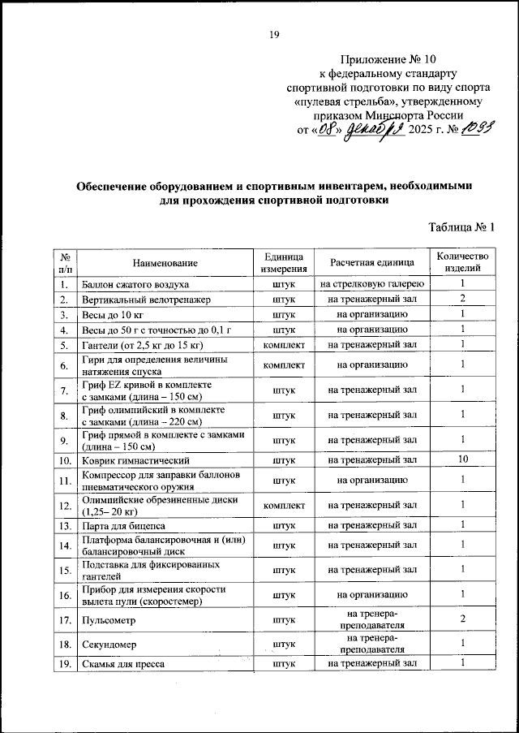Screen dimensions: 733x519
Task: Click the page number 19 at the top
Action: click(x=274, y=34)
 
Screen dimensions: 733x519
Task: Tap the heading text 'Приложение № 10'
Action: click(x=388, y=59)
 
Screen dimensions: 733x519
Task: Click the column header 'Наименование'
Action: click(x=165, y=262)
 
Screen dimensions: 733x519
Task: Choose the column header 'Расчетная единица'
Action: click(x=372, y=262)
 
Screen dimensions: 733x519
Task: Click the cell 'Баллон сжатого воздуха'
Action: click(x=135, y=284)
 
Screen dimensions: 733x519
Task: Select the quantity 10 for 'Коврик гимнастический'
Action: click(x=462, y=460)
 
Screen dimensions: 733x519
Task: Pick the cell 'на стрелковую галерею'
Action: click(x=372, y=284)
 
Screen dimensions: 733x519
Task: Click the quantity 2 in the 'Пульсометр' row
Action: click(x=462, y=620)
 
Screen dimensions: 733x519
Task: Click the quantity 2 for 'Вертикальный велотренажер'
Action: click(x=462, y=299)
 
